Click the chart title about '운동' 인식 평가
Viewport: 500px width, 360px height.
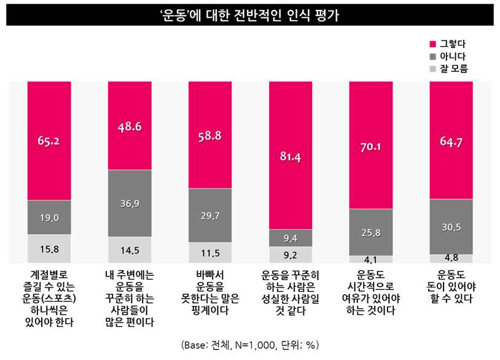pyautogui.click(x=250, y=14)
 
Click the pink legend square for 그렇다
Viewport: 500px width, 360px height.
pyautogui.click(x=432, y=44)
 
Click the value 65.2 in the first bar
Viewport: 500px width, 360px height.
pyautogui.click(x=49, y=141)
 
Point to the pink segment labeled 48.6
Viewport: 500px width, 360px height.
pyautogui.click(x=130, y=127)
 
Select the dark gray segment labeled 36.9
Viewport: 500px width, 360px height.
pyautogui.click(x=130, y=203)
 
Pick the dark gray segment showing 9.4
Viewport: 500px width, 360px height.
pyautogui.click(x=291, y=238)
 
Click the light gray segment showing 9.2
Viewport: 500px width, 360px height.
pyautogui.click(x=291, y=254)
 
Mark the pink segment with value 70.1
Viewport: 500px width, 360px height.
pyautogui.click(x=371, y=146)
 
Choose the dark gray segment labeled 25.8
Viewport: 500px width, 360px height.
pyautogui.click(x=371, y=232)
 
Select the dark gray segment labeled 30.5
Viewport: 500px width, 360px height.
pyautogui.click(x=451, y=227)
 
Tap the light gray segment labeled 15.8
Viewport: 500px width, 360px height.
pyautogui.click(x=49, y=249)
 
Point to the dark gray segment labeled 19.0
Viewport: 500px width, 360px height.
pyautogui.click(x=49, y=217)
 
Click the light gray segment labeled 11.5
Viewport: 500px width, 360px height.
pyautogui.click(x=209, y=252)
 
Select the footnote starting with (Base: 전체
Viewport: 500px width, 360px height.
pyautogui.click(x=250, y=345)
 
